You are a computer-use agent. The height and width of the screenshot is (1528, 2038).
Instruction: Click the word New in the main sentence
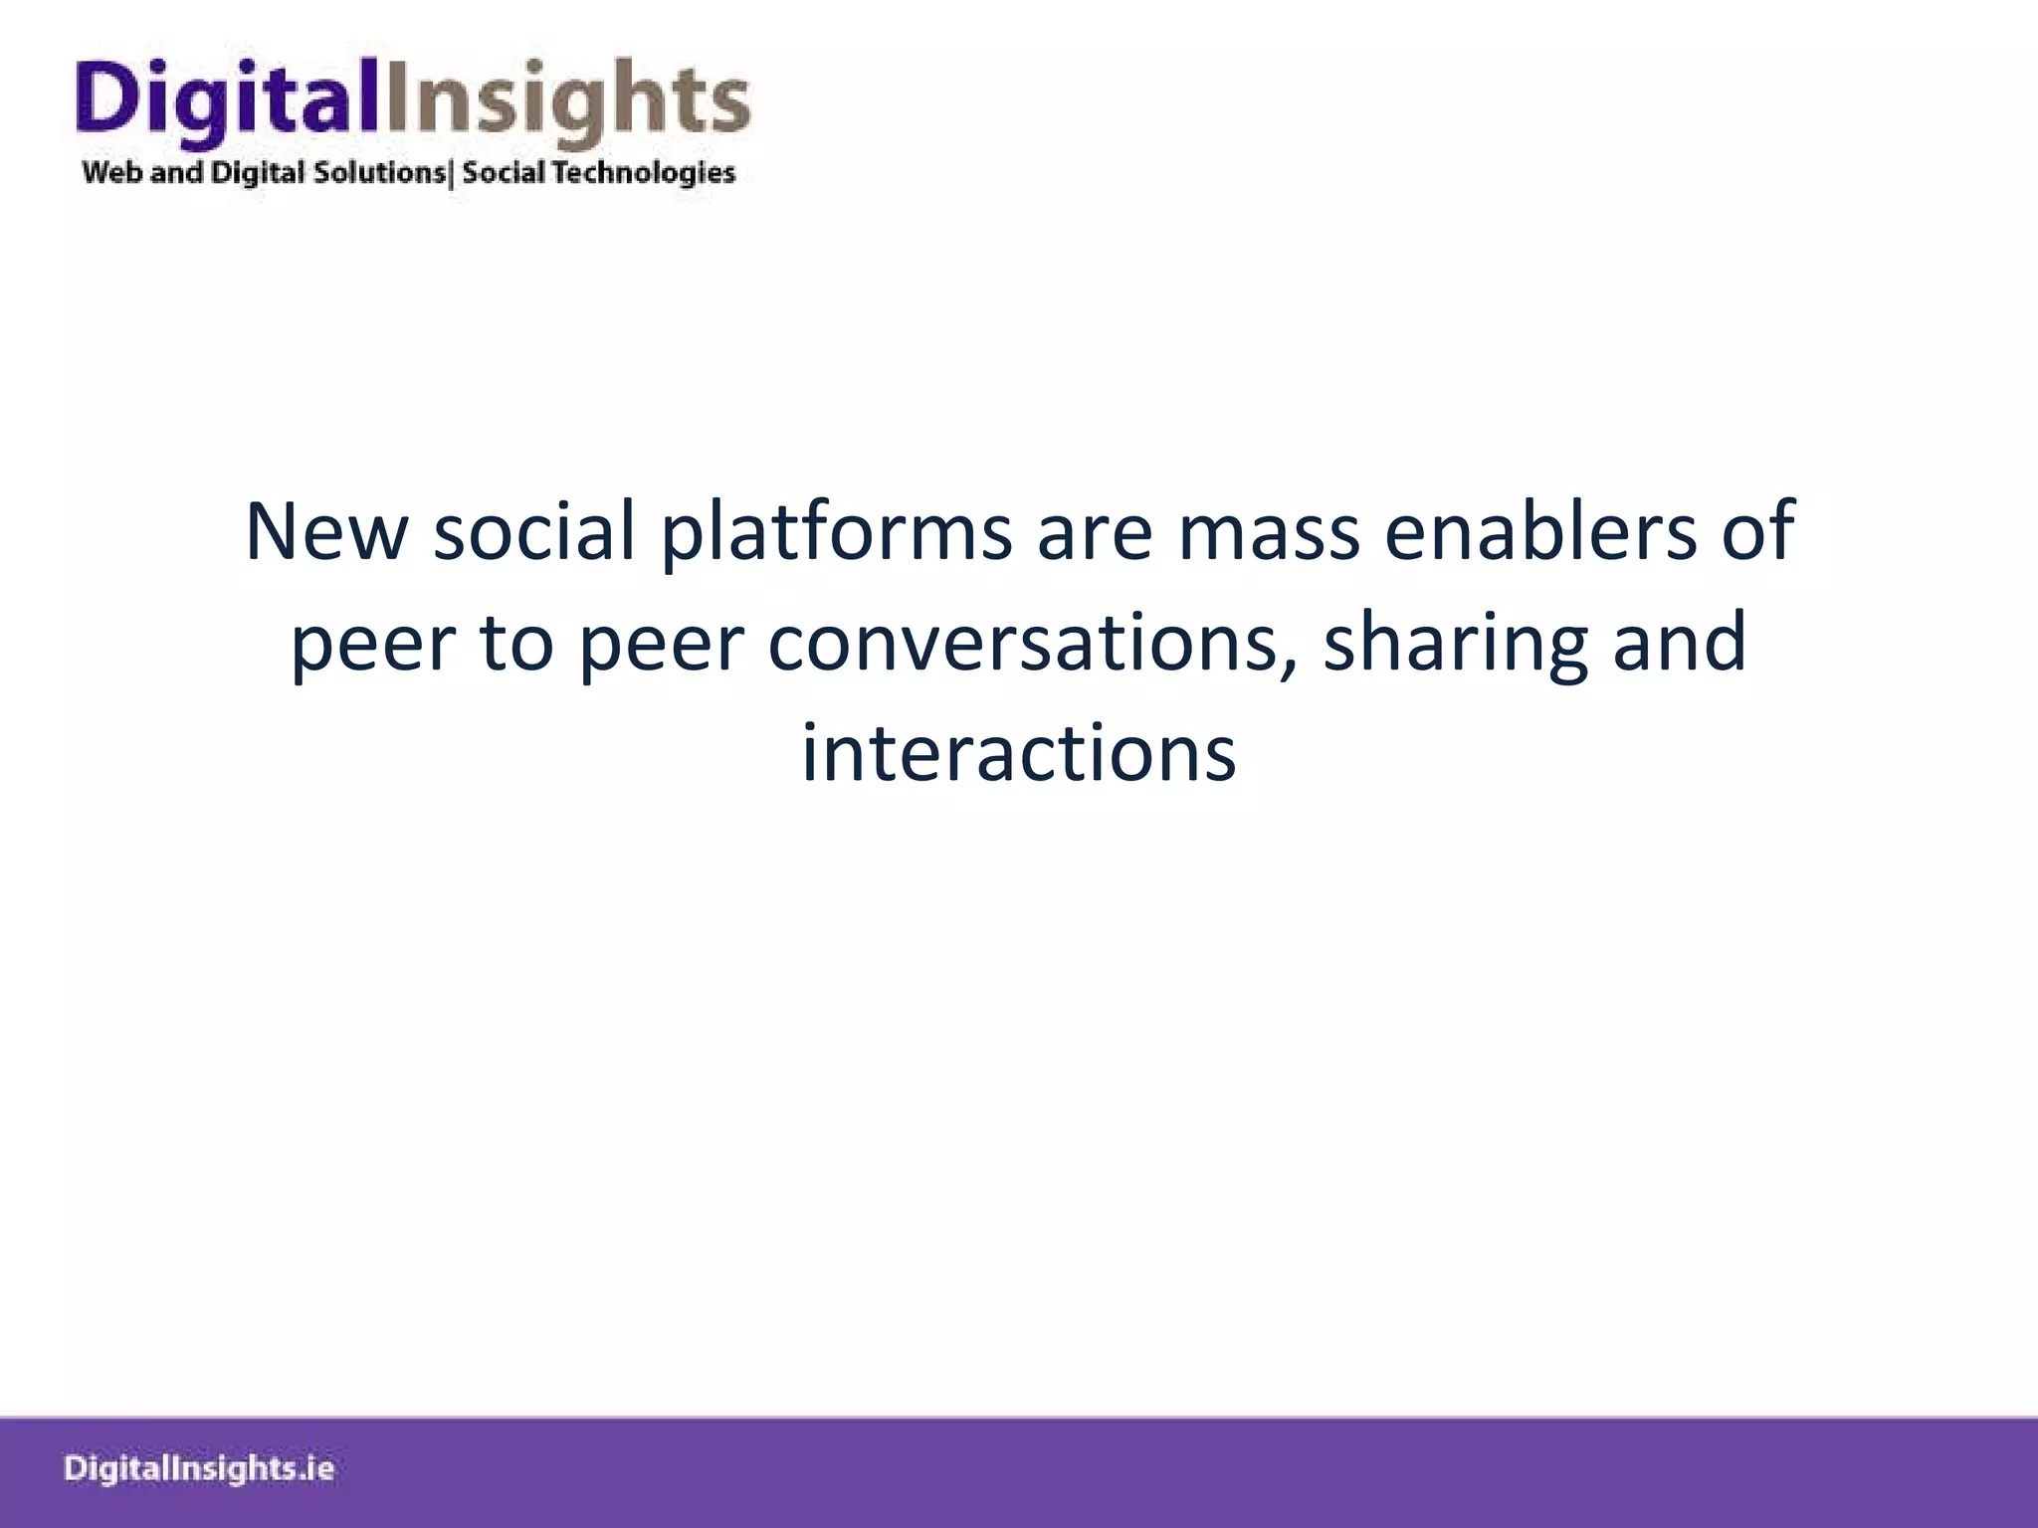326,532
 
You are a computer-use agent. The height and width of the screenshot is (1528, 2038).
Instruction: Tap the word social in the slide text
534,532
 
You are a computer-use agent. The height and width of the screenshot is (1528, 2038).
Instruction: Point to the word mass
1269,532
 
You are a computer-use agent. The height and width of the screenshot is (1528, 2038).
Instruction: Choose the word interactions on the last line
1019,753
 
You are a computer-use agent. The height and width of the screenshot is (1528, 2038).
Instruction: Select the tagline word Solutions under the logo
379,173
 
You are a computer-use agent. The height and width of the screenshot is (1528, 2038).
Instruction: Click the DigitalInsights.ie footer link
199,1468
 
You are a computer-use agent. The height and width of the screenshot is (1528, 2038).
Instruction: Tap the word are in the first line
1095,532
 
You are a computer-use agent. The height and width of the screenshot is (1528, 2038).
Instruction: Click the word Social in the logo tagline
504,173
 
